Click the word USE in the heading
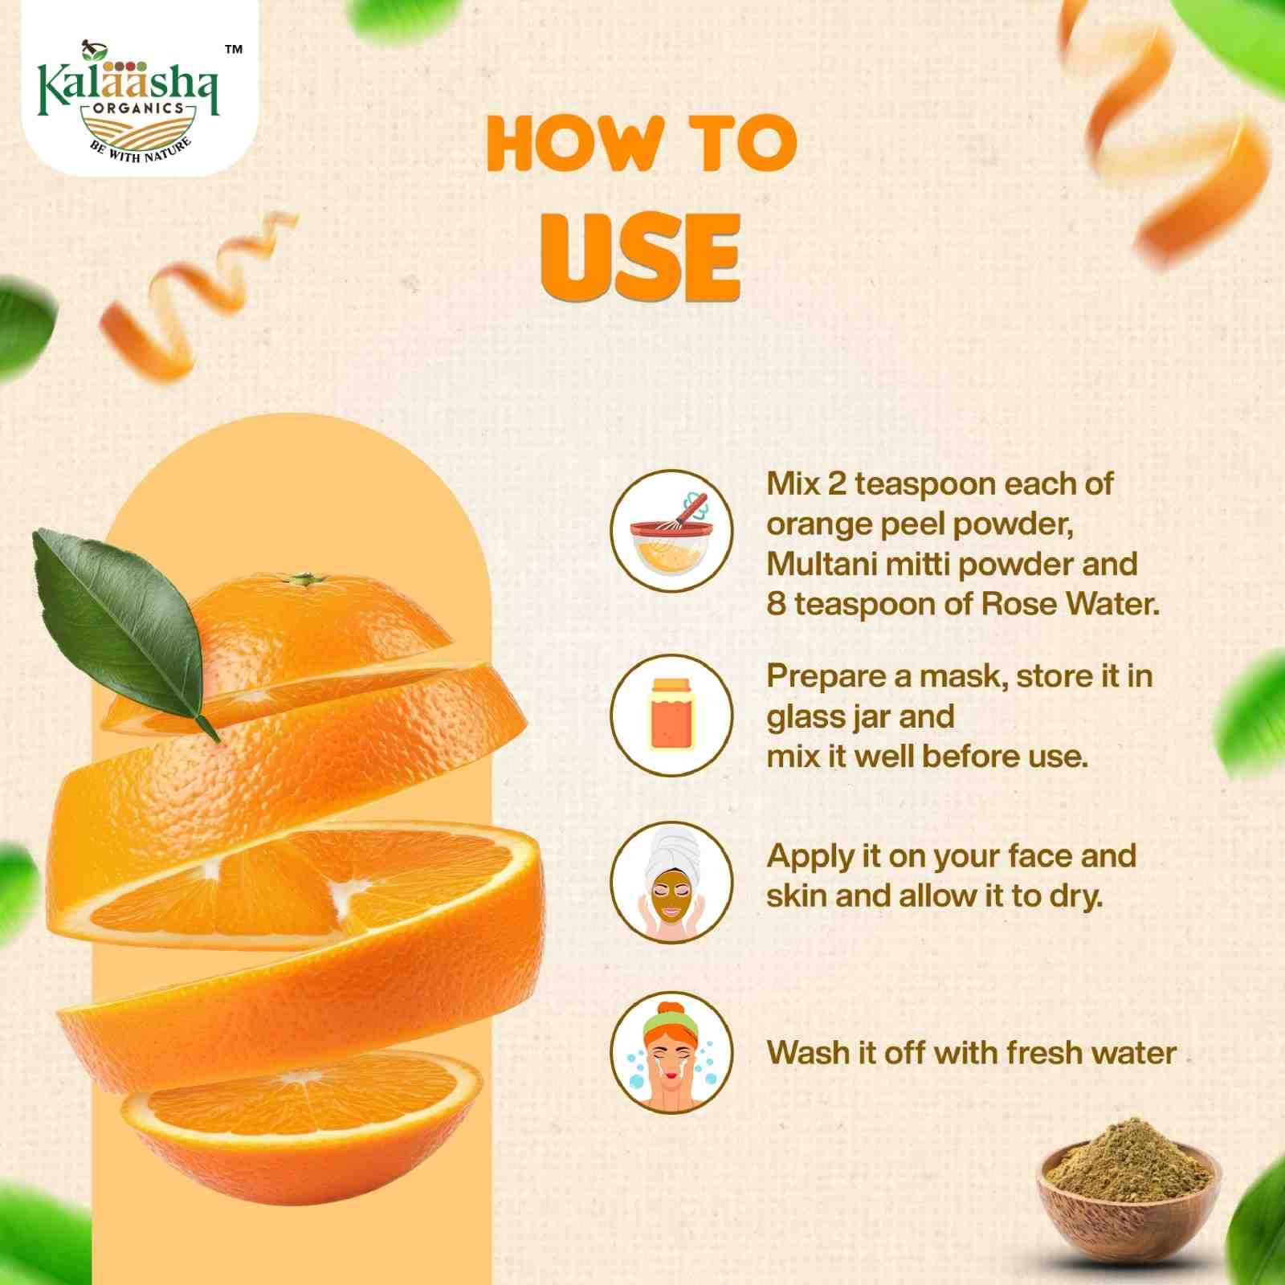[640, 256]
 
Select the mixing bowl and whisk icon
[671, 531]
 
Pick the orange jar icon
[671, 715]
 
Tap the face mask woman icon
[671, 882]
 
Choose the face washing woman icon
[671, 1052]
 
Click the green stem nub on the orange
[303, 578]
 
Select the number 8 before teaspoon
[776, 604]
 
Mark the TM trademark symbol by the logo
[233, 50]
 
